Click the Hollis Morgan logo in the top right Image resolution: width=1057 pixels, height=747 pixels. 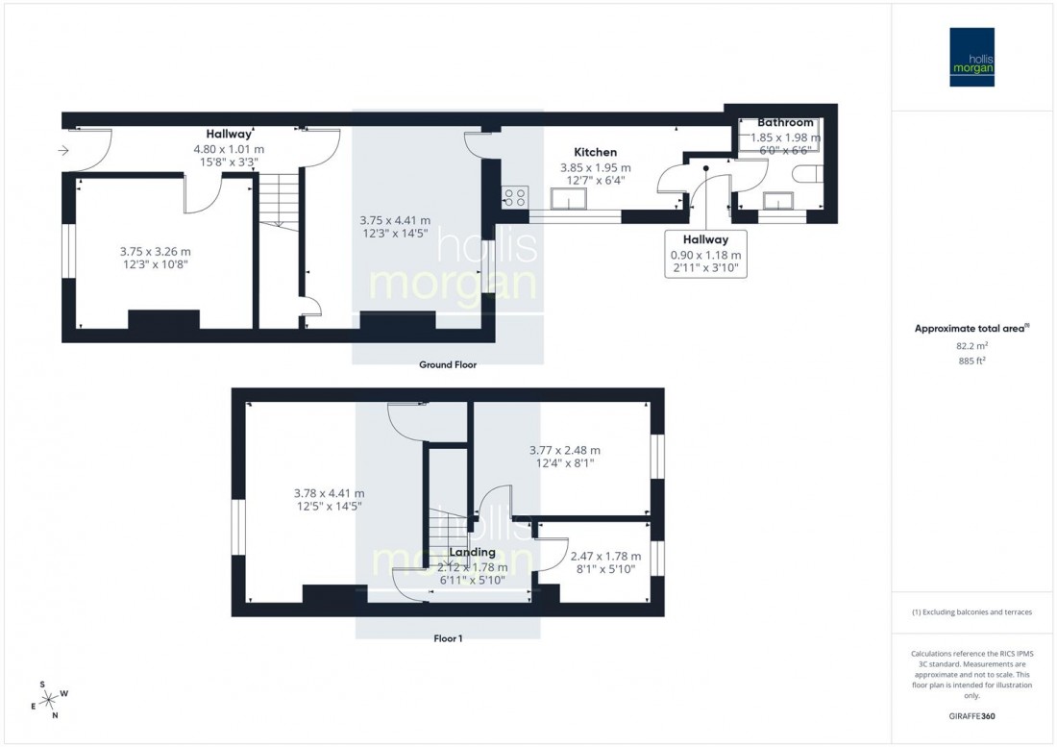coord(971,57)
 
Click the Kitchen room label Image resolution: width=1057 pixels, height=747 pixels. coord(595,152)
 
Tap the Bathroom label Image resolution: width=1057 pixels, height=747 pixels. coord(785,123)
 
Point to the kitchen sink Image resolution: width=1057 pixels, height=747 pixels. coord(568,200)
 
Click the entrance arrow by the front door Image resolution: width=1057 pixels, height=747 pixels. coord(63,150)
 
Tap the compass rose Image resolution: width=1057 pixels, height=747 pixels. coord(48,699)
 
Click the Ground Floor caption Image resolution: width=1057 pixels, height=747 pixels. coord(447,365)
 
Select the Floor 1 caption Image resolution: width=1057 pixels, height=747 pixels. coord(447,638)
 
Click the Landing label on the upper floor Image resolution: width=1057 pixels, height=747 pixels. coord(472,553)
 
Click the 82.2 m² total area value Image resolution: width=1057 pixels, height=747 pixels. coord(971,346)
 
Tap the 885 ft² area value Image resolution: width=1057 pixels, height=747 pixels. coord(971,361)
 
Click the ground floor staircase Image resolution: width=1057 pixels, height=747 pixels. coord(278,201)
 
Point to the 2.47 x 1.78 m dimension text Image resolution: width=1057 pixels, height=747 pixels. coord(605,556)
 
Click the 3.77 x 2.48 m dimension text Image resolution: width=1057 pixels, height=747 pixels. coord(565,450)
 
